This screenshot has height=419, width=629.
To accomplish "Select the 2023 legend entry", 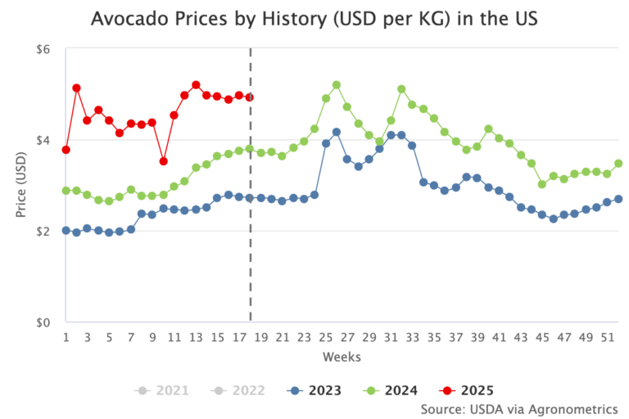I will [311, 390].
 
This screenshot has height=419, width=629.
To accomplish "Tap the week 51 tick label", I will [607, 338].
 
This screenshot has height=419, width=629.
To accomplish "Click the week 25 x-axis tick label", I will [325, 338].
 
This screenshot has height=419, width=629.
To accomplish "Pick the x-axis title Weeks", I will [342, 357].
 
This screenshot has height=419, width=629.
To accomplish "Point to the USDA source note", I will [518, 408].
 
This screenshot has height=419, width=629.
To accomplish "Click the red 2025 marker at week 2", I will [76, 88].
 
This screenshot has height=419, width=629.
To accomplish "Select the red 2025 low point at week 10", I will [163, 161].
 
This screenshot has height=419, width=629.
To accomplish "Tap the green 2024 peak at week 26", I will [337, 85].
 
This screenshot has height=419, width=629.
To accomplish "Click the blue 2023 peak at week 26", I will [337, 132].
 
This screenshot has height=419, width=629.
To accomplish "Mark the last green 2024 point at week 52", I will [618, 164].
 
